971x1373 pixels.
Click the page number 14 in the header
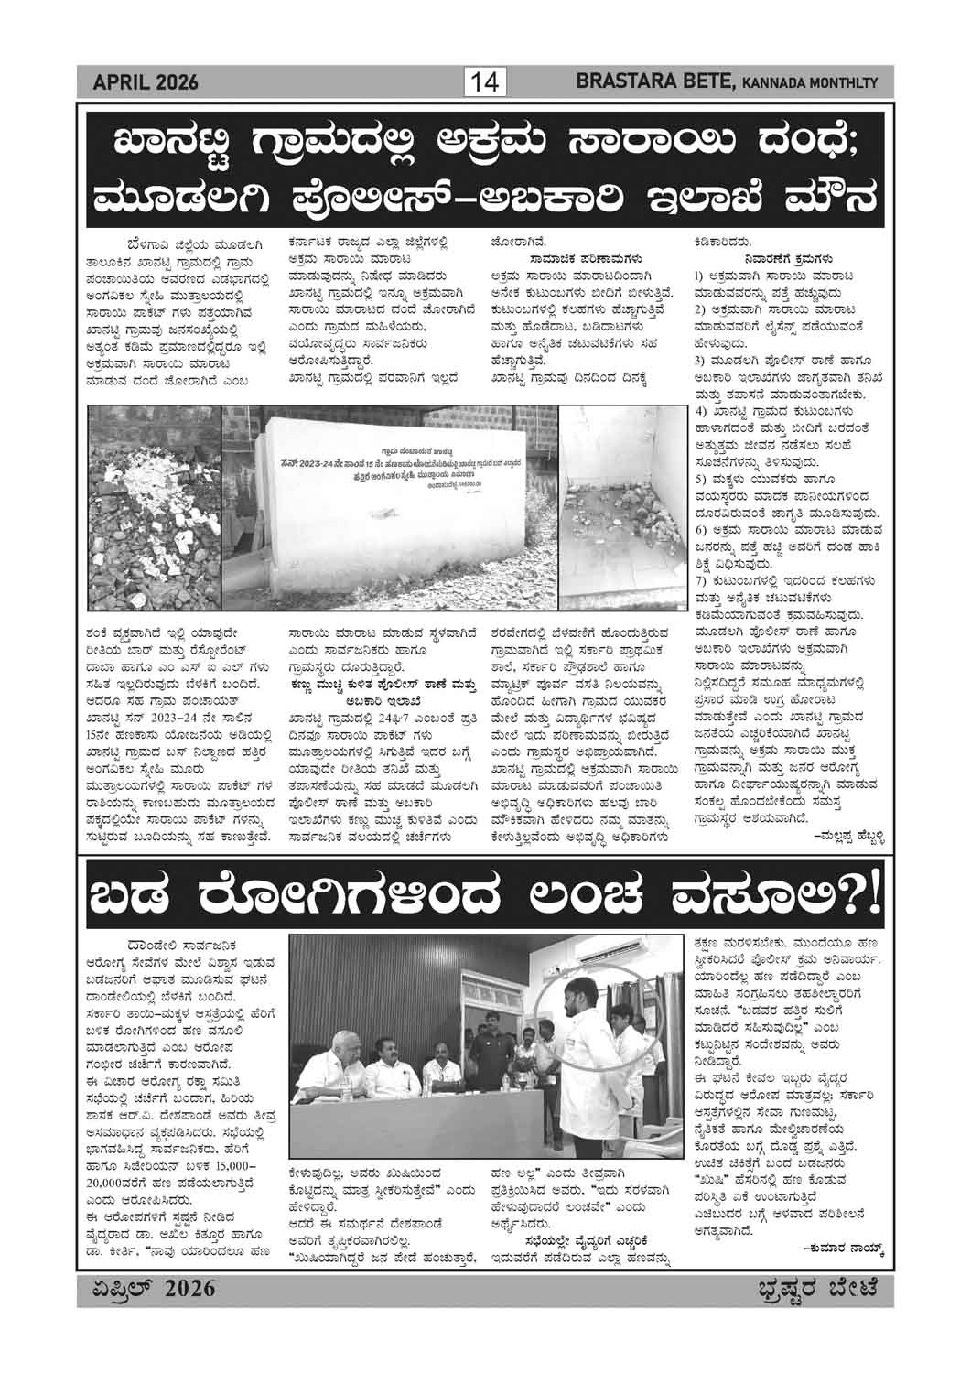485,83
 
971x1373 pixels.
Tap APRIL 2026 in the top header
146,84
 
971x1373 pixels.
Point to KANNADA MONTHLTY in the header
809,85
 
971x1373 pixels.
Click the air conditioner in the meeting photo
596,957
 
